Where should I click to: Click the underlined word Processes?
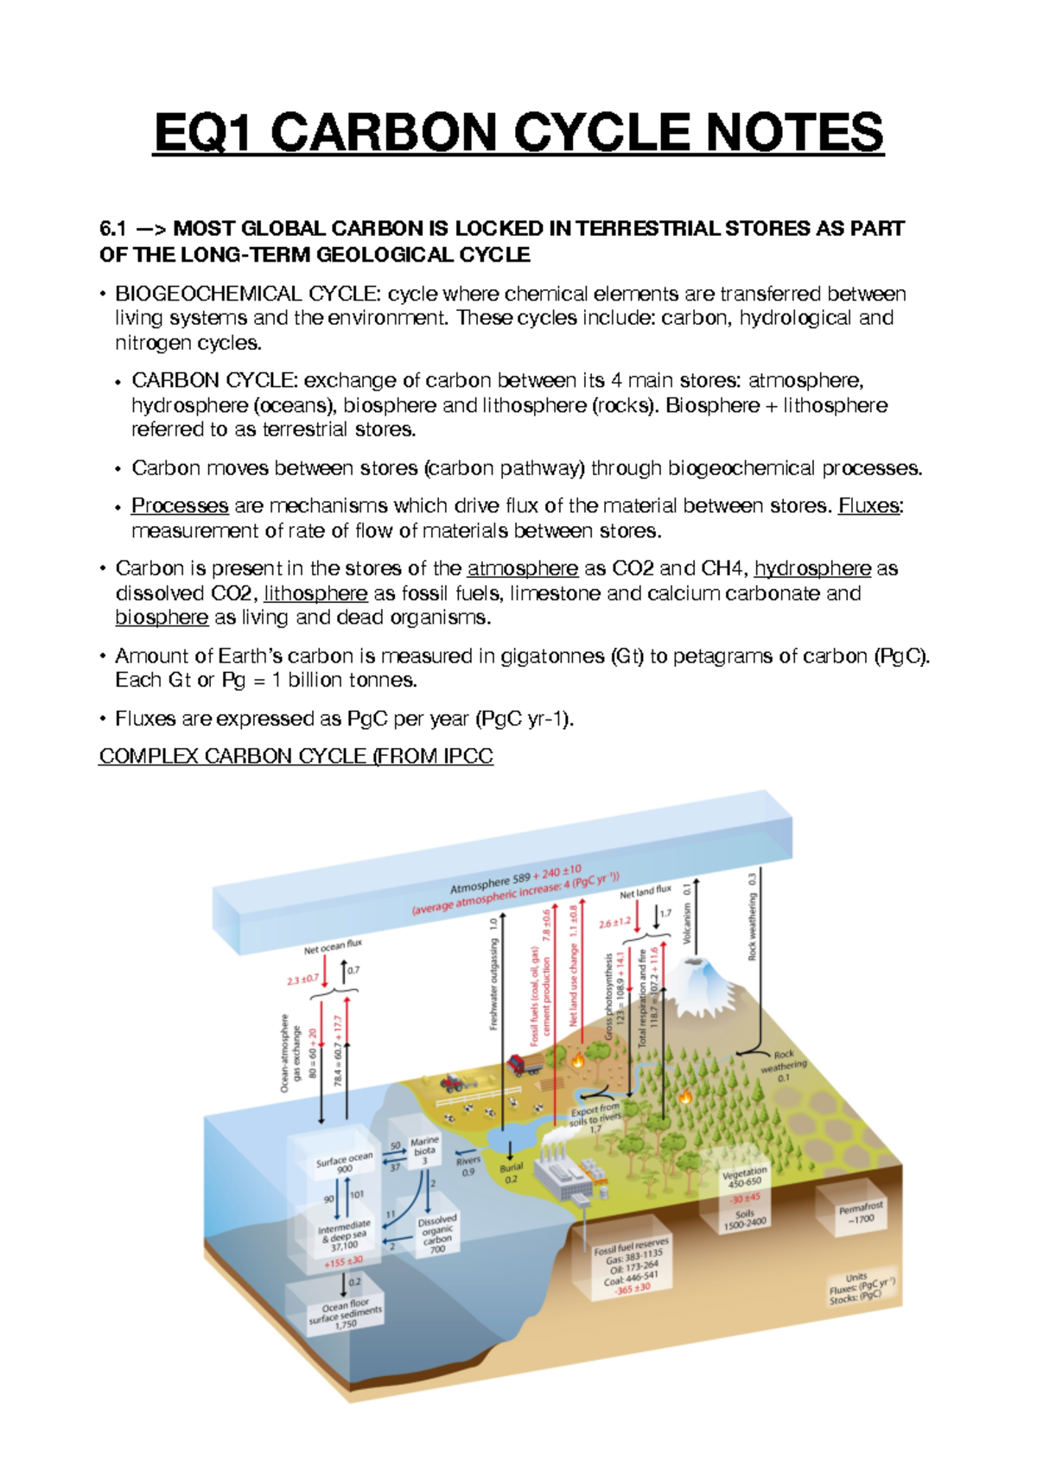180,505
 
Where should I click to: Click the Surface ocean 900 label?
344,1163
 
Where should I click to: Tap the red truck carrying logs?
522,1064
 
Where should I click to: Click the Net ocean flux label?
333,947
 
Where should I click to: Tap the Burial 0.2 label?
511,1172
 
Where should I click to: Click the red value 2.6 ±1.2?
614,923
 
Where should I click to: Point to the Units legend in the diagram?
857,1286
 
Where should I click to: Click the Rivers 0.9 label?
468,1165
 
